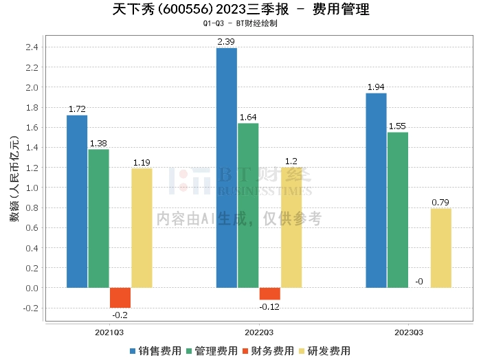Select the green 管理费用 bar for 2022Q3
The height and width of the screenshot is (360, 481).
click(x=248, y=205)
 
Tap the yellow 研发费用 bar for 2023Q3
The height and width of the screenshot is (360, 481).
click(x=441, y=248)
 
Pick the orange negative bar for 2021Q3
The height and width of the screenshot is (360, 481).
click(x=120, y=297)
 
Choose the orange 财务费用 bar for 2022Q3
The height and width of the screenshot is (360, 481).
click(x=269, y=293)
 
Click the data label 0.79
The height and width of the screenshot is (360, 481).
click(x=441, y=202)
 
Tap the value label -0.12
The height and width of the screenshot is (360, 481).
click(x=269, y=306)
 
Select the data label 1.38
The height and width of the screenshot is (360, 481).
click(x=98, y=144)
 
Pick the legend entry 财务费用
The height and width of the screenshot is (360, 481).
click(x=269, y=351)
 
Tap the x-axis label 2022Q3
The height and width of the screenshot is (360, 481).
click(x=259, y=333)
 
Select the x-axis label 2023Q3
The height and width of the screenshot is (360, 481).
click(x=409, y=333)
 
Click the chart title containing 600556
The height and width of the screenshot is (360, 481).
click(x=240, y=10)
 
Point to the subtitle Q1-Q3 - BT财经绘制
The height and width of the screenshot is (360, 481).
click(x=240, y=23)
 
